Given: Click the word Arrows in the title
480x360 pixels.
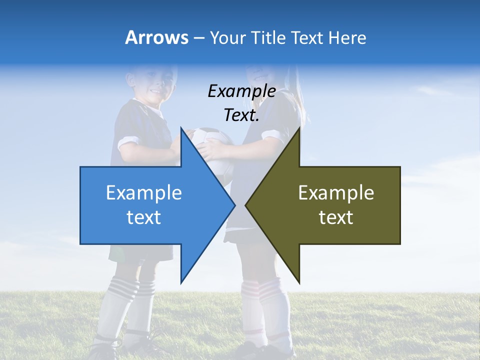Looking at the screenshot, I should tap(157, 37).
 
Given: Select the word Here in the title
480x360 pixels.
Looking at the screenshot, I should tap(347, 37).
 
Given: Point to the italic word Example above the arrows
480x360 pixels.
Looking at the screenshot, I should tap(242, 91).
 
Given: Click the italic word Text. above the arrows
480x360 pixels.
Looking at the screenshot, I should tap(241, 115).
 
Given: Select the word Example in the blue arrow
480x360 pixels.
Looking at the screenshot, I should tap(144, 192).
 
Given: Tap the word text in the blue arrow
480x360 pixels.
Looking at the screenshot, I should tap(144, 217).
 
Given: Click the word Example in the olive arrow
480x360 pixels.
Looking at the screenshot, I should tap(336, 192).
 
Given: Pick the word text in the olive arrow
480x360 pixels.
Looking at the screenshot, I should tap(336, 217).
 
